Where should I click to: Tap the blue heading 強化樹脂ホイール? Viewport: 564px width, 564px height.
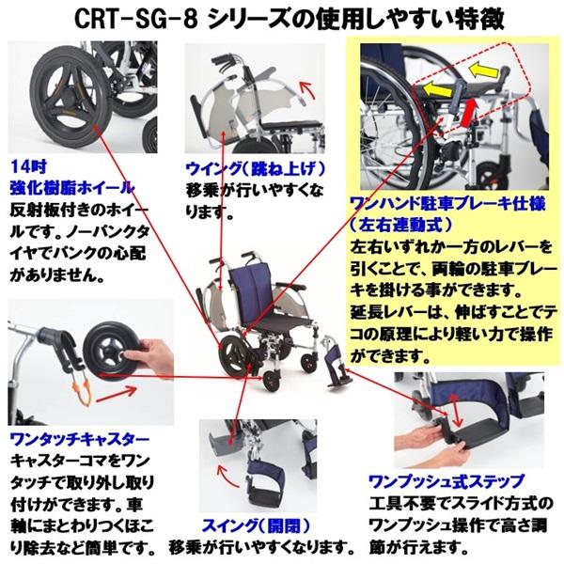(x=70, y=186)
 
